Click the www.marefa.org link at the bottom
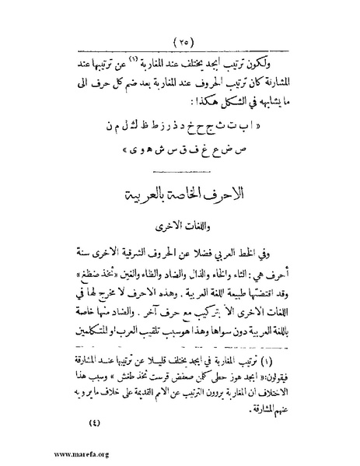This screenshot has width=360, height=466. point(36,456)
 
